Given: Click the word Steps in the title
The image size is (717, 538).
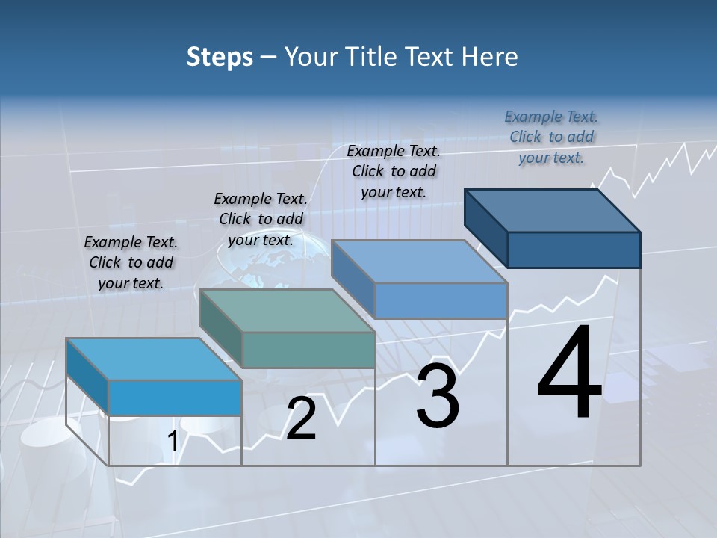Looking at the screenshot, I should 220,57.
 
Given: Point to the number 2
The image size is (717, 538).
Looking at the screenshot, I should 301,419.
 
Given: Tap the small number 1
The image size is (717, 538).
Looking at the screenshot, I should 173,442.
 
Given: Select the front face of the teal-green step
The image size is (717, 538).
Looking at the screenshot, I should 308,350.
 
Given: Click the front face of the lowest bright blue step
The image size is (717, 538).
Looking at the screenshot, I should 175,398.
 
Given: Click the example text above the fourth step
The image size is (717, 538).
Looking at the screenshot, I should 551,137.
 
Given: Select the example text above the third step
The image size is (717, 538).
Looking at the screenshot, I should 394,171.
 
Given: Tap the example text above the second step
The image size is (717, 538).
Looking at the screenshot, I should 261,219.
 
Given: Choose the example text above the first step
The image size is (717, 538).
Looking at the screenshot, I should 131,262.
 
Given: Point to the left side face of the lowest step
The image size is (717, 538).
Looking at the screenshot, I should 87,376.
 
